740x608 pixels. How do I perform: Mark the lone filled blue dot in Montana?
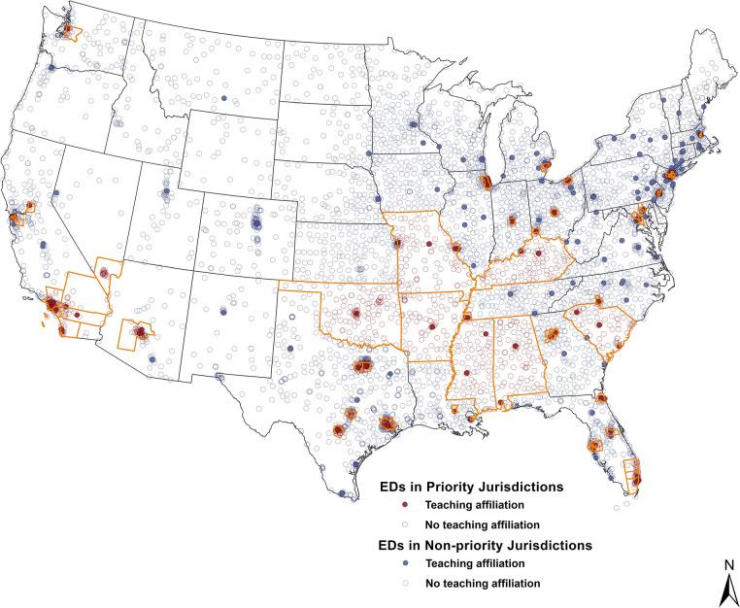tap(224, 99)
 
